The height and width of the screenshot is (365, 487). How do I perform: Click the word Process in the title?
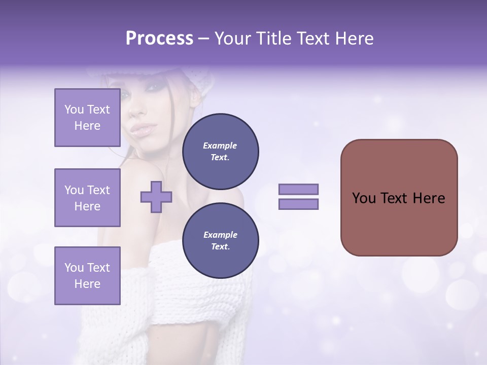pos(159,39)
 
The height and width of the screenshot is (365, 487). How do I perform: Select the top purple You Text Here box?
pos(87,118)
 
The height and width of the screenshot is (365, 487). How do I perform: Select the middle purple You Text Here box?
pos(87,198)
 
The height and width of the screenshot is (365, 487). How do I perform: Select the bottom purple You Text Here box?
pos(87,275)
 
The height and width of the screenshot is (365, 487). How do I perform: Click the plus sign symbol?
pos(156,197)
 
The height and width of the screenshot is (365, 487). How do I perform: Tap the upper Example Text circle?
pos(220,151)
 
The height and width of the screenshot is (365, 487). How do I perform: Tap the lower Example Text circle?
pos(220,240)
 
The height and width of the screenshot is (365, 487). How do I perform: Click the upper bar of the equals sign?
pos(298,189)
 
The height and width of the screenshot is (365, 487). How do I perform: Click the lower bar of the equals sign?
pos(298,204)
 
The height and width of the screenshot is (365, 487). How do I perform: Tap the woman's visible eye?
pos(152,87)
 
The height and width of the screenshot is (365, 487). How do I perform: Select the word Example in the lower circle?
pos(220,235)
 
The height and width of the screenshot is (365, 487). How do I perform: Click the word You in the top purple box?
pos(74,109)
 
